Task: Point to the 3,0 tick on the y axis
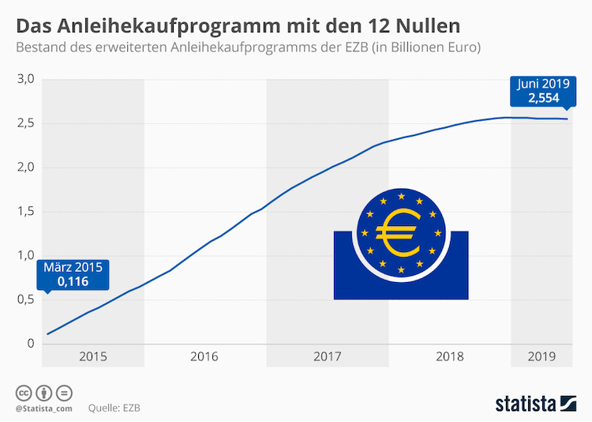pos(27,79)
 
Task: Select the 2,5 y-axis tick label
pos(27,123)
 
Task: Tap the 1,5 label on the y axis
pos(27,211)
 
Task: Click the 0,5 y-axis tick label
pos(27,300)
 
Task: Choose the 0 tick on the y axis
pos(30,343)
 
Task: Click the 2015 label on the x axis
pos(93,356)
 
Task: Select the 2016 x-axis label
pos(204,356)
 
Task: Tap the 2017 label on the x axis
pos(327,356)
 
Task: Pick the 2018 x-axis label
pos(450,356)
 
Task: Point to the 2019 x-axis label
pos(541,356)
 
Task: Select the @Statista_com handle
pos(43,409)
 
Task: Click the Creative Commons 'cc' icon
pos(23,393)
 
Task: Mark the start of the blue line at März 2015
pos(48,333)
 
